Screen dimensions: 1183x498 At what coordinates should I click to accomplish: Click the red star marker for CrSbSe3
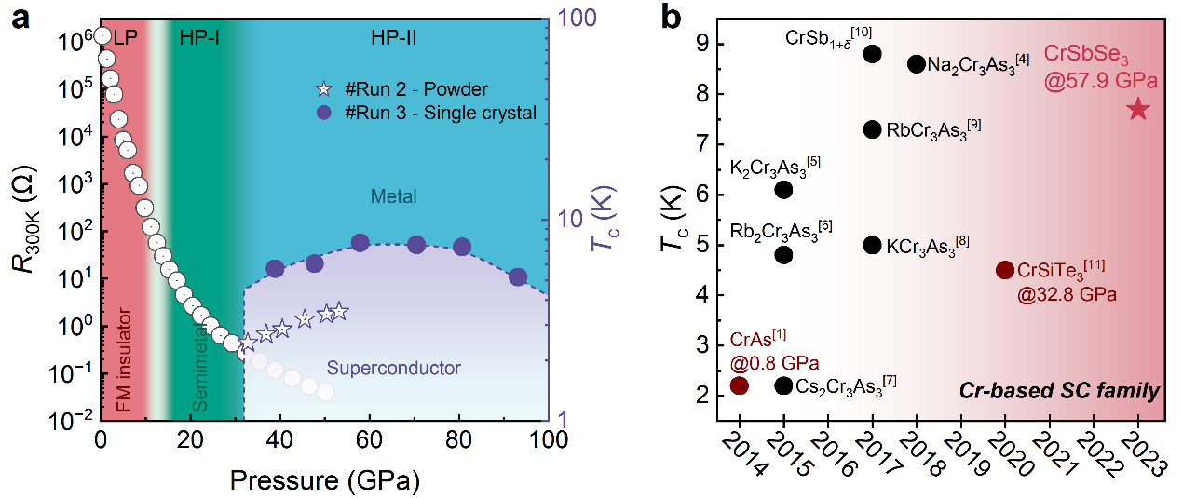1138,109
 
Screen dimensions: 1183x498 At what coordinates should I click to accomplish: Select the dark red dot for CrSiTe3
1004,270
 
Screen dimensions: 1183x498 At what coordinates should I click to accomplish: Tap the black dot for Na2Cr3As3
917,64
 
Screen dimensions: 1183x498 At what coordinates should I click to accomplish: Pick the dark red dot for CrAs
740,385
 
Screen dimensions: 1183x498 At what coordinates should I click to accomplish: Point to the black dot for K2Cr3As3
783,189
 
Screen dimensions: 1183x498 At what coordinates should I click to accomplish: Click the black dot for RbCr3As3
873,129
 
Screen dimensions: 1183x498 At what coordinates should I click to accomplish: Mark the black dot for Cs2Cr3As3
783,385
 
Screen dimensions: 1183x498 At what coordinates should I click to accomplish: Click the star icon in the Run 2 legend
323,89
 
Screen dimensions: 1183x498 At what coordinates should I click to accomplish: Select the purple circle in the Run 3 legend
323,113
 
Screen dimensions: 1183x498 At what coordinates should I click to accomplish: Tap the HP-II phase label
393,38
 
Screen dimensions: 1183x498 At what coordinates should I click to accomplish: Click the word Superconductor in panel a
393,368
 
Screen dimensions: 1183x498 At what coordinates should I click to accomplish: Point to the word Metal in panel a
393,196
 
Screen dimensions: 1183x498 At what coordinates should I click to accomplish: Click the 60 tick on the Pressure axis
369,439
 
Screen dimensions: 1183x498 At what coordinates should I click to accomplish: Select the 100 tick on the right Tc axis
577,18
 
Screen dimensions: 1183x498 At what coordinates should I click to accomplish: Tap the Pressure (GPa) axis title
325,480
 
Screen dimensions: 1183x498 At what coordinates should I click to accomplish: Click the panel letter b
671,18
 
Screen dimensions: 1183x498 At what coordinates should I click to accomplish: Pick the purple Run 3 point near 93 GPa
518,277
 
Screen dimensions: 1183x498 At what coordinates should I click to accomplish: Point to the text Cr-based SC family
1059,391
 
